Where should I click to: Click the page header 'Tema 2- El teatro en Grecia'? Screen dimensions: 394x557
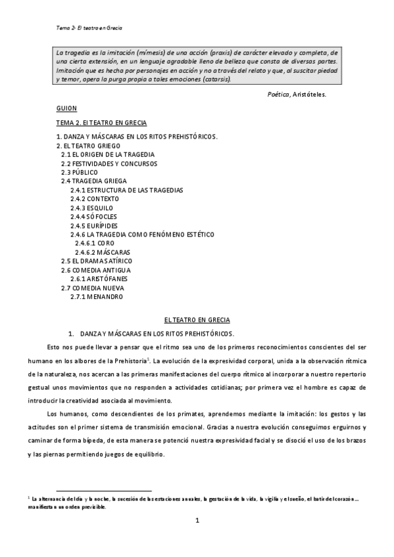(x=90, y=28)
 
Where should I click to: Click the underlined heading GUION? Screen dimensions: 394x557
(x=66, y=108)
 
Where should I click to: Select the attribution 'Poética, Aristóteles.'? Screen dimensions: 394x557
(x=296, y=94)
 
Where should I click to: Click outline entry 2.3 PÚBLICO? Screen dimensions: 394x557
(x=80, y=171)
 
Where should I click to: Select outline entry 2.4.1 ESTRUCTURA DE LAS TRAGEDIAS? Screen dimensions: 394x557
(x=126, y=190)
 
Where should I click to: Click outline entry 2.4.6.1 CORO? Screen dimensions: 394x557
(x=95, y=243)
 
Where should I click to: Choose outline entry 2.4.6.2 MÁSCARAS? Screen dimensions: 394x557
(x=102, y=252)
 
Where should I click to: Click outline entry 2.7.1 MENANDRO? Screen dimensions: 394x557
(x=96, y=296)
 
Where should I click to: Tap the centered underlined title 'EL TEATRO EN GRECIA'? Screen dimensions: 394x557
(x=197, y=320)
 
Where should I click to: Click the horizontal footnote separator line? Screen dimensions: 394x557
(x=104, y=491)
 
